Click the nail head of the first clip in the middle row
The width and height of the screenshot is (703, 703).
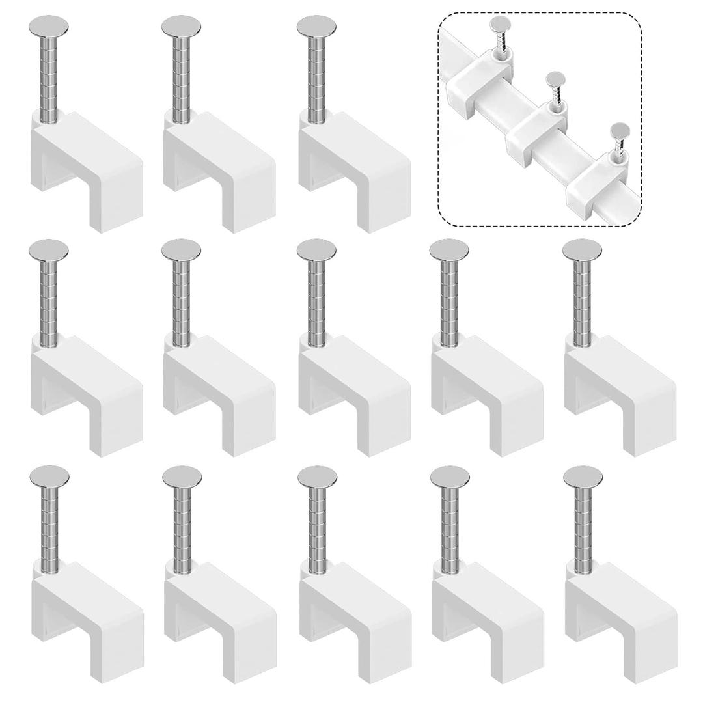click(48, 249)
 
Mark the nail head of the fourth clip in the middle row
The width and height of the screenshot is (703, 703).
click(448, 249)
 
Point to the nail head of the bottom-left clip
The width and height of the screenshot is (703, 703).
click(49, 476)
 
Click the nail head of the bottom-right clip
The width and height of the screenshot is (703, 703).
click(583, 476)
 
